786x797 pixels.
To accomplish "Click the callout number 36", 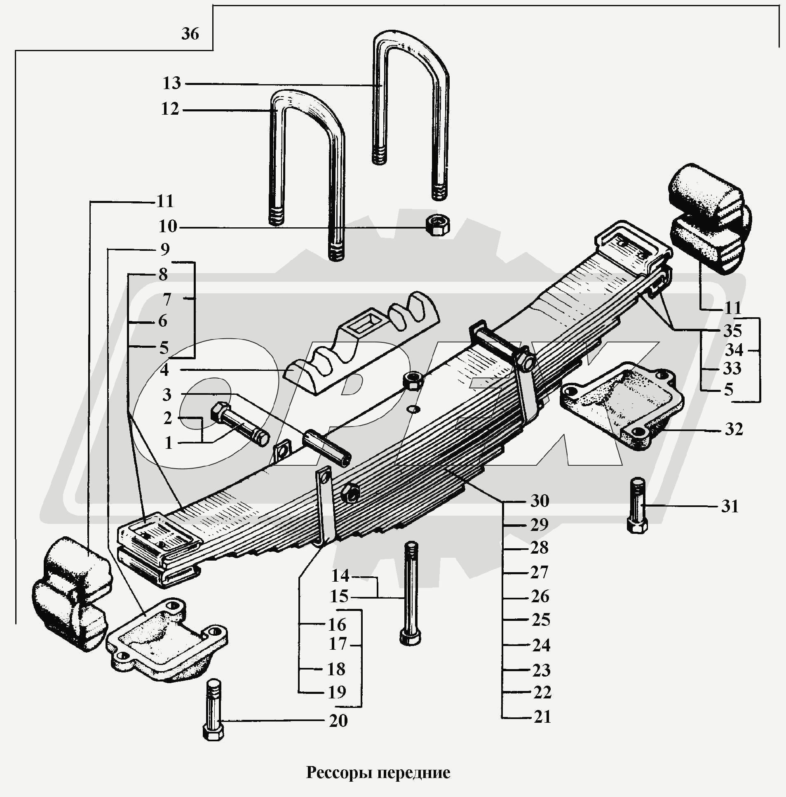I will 190,34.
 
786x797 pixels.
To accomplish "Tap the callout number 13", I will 171,83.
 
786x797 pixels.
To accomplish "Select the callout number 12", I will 170,110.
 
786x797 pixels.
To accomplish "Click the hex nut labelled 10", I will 438,226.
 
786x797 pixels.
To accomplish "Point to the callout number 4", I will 164,370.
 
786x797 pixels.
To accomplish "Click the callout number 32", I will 734,429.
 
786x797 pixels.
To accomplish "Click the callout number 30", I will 540,501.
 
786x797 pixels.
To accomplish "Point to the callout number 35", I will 732,331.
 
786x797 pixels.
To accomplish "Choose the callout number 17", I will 338,644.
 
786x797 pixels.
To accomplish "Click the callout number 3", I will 167,395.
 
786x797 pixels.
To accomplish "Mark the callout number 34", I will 734,350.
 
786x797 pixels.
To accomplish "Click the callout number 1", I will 168,443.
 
